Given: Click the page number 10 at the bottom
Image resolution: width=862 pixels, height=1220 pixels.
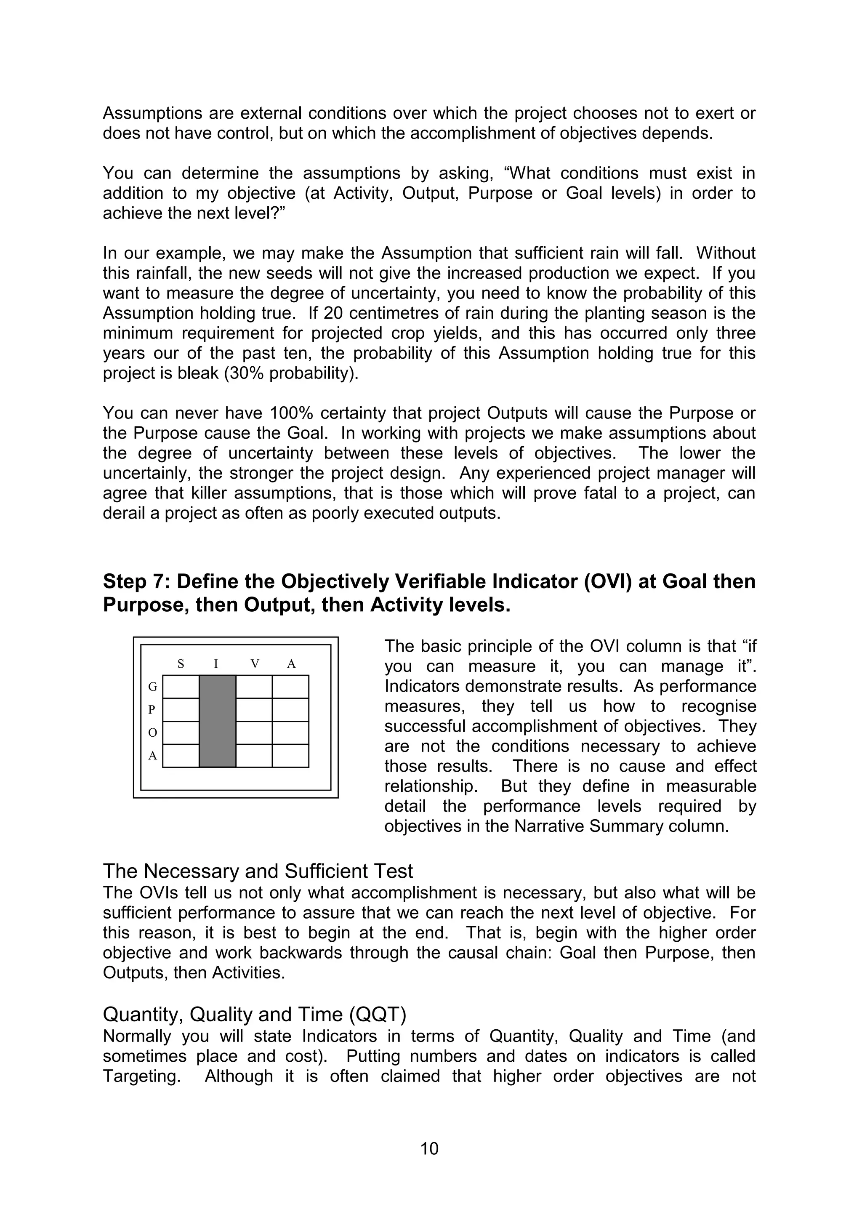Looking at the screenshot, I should tap(429, 1148).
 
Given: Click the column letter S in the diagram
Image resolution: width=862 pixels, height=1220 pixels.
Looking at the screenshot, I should tap(181, 663).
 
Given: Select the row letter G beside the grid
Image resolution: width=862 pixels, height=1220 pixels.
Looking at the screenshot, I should tap(152, 687).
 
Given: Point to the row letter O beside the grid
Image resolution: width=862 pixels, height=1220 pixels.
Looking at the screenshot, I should tap(152, 733).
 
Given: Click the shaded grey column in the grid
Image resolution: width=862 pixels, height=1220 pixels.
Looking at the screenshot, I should tap(217, 721).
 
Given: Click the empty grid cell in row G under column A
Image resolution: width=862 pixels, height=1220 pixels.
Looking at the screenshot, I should tap(290, 687).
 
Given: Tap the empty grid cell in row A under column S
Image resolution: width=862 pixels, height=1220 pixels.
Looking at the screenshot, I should tap(181, 756).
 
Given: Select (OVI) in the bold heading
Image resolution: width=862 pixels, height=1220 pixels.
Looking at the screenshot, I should tap(608, 581).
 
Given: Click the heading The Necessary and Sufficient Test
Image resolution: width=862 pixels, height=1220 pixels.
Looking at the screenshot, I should tap(258, 871).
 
